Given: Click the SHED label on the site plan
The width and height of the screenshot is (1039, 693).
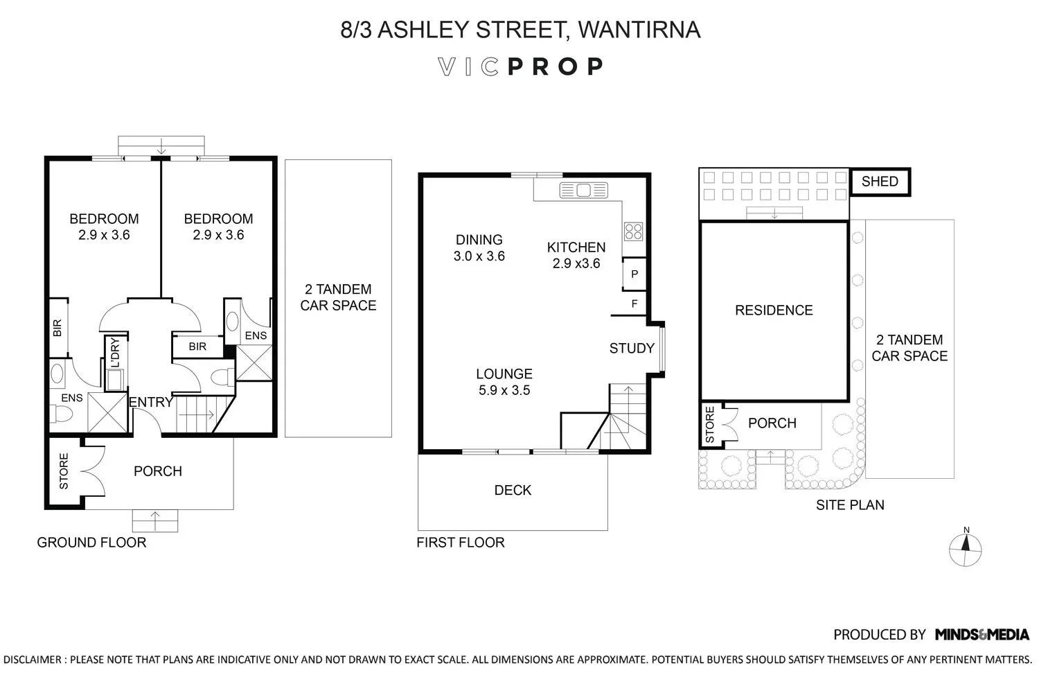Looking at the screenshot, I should coord(880,182).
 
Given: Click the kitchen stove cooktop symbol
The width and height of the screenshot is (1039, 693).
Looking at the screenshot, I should coord(633,231).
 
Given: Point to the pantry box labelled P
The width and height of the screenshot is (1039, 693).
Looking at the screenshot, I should coord(634,274).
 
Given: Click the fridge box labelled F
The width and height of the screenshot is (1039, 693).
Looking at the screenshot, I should coord(634,304).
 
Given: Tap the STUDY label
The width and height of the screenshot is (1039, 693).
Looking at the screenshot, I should coord(631,349).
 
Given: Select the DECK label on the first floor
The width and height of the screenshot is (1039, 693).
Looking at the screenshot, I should coord(513,491).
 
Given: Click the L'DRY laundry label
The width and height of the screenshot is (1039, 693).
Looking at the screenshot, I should coord(115,352).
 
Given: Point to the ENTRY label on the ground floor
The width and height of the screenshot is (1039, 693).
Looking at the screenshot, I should coord(151,402).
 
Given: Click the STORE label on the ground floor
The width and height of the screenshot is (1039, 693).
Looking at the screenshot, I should coord(64,471).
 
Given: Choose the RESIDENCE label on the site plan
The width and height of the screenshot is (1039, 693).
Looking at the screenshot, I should coord(774,310).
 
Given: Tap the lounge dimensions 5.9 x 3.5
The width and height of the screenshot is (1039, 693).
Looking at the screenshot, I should coord(504,391).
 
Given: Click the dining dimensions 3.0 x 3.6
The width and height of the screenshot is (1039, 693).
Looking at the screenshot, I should coord(479,256).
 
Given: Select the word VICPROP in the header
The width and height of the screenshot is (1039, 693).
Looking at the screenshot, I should coord(520,67).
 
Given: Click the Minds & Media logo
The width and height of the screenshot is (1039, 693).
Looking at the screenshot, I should coord(982,634).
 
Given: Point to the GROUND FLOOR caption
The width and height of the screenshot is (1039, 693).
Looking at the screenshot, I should coord(91,543).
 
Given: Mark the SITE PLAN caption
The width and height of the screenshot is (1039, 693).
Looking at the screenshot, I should coord(850,505).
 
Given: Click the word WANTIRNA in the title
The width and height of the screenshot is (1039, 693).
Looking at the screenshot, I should coord(639,30).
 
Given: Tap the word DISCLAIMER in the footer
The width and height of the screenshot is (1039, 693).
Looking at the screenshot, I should coord(32,660).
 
